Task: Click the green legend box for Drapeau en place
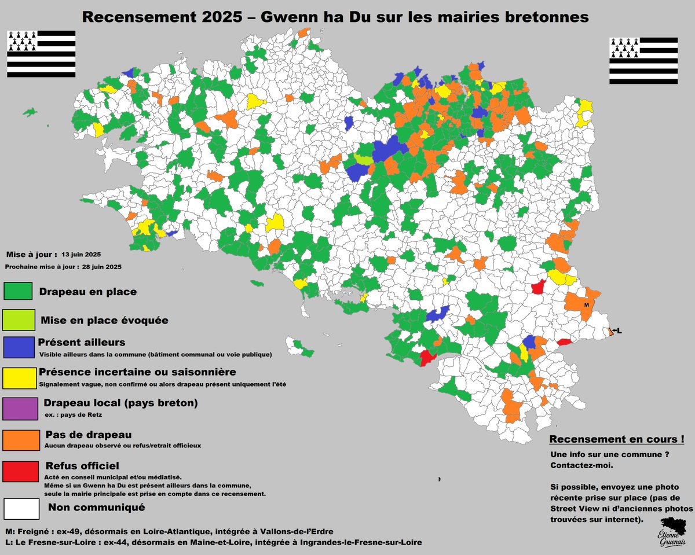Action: [18, 291]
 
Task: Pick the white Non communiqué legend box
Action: [21, 508]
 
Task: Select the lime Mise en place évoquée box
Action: [19, 319]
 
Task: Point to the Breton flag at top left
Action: [41, 54]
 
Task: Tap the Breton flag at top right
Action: [643, 61]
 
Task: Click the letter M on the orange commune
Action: [586, 304]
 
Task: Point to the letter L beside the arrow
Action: [619, 331]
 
